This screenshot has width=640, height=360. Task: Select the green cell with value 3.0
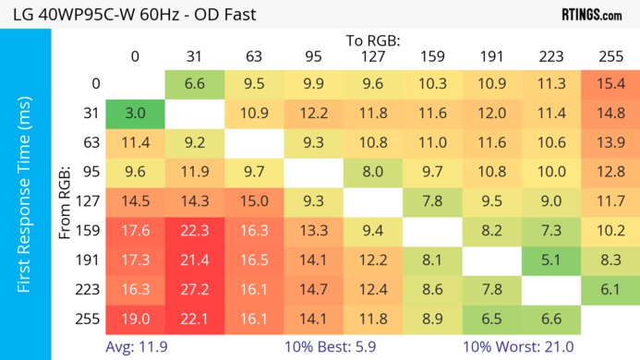pos(135,114)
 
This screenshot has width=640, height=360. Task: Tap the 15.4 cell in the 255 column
pos(610,84)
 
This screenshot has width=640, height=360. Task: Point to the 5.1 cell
pos(550,260)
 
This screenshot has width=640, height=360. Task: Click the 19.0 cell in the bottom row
pos(135,318)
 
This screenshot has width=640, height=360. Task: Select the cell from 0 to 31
pos(195,84)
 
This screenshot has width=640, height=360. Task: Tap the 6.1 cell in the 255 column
pos(610,289)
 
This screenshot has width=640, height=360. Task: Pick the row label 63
pos(92,143)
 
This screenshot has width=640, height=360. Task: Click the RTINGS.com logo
pos(591,15)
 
